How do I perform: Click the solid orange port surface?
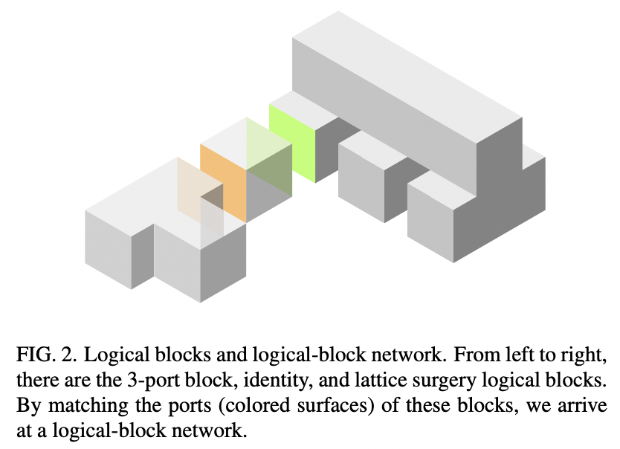223,181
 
